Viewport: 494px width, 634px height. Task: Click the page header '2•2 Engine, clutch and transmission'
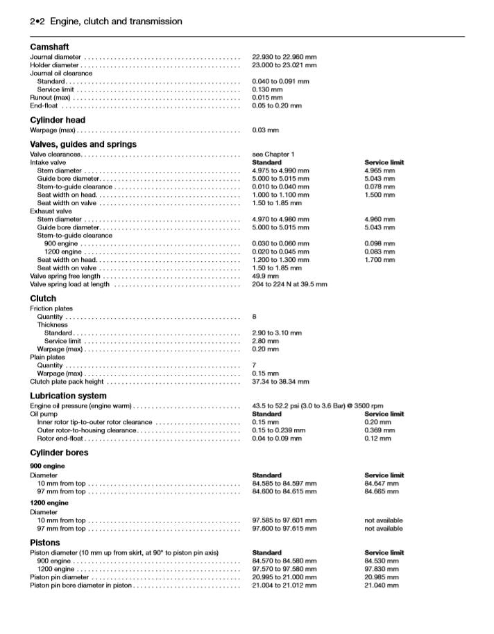point(106,21)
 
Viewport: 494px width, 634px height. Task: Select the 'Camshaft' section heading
point(49,46)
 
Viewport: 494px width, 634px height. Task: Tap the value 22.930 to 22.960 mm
point(284,57)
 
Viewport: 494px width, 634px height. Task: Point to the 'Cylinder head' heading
point(58,120)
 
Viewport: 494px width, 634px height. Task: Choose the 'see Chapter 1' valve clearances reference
point(273,154)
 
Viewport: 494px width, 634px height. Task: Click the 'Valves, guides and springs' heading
point(83,144)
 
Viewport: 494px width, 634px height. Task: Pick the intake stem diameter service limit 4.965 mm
point(380,170)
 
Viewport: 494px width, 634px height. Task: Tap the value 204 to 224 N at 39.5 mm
point(289,284)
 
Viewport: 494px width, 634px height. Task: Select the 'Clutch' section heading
point(43,299)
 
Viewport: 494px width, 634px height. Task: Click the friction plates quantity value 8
point(255,317)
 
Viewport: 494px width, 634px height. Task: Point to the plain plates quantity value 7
point(255,365)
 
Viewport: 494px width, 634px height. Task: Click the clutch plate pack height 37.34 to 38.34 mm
point(280,381)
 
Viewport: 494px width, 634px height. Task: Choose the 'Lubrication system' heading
point(68,396)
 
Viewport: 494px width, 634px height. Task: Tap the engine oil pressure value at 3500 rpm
point(317,405)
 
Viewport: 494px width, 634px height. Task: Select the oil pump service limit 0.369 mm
point(380,430)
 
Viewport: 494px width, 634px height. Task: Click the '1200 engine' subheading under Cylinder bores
point(49,502)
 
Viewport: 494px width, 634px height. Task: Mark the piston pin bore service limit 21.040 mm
point(382,585)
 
